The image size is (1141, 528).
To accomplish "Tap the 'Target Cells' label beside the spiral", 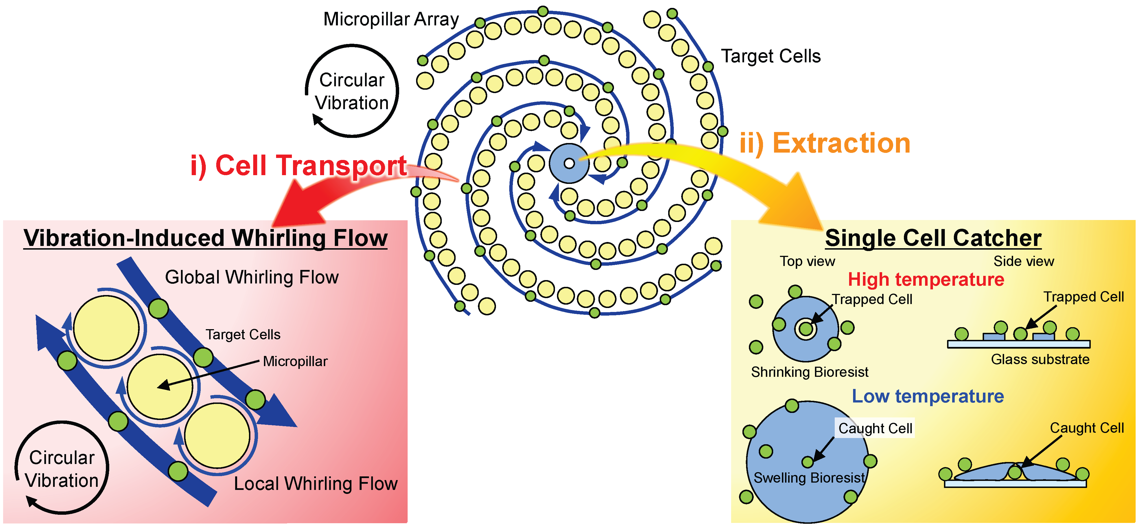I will tap(771, 56).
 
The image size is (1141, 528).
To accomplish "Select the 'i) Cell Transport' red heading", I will tap(298, 166).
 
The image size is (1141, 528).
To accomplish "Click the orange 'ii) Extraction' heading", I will tap(825, 143).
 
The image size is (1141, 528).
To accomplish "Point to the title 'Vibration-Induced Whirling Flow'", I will tap(206, 238).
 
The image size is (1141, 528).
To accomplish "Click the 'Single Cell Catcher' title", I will tap(933, 238).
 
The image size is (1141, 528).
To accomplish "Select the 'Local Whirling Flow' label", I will tap(315, 484).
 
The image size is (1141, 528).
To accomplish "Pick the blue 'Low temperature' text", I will tap(928, 396).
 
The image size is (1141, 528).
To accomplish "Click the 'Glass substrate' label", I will tap(1040, 359).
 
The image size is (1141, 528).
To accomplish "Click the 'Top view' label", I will tap(807, 261).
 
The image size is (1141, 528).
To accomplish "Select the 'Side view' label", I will tap(1023, 261).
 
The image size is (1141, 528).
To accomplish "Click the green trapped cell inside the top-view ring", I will tap(806, 329).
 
